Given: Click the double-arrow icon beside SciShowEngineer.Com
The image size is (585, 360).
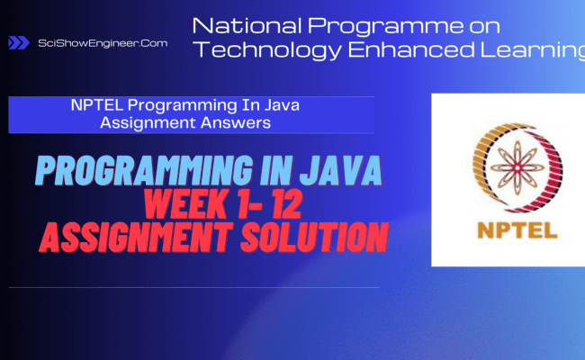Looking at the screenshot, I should [x=18, y=42].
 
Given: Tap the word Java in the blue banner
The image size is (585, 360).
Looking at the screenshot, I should [x=279, y=106].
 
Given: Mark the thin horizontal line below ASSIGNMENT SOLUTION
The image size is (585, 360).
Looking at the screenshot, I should [x=193, y=288].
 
